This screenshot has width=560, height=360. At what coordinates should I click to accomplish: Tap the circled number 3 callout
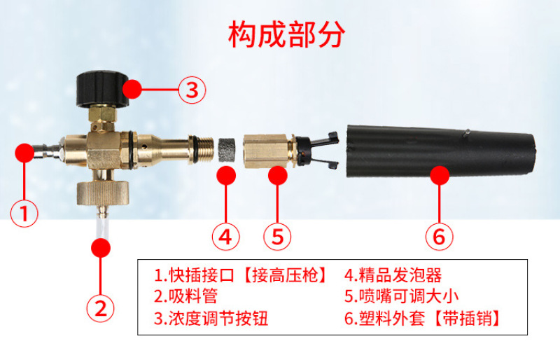pyautogui.click(x=192, y=90)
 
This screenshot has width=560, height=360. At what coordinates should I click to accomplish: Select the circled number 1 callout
pyautogui.click(x=24, y=214)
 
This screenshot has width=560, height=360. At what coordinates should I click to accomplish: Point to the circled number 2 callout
pyautogui.click(x=101, y=308)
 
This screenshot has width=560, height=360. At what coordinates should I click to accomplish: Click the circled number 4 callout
pyautogui.click(x=225, y=236)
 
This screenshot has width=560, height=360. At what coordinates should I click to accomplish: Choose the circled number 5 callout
pyautogui.click(x=277, y=236)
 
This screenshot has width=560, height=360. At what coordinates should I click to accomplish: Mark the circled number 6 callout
pyautogui.click(x=440, y=236)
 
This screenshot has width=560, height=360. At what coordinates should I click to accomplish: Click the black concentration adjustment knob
pyautogui.click(x=103, y=89)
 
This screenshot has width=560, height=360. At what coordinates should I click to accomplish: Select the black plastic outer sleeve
pyautogui.click(x=442, y=151)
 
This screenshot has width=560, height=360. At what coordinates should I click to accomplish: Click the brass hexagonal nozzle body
pyautogui.click(x=267, y=151)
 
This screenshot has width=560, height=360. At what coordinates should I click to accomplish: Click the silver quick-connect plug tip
pyautogui.click(x=45, y=151)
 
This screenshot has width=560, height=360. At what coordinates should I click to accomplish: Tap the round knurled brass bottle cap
pyautogui.click(x=103, y=193)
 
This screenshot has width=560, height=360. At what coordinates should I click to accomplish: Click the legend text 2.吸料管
pyautogui.click(x=185, y=296)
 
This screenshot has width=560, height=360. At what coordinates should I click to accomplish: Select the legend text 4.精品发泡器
pyautogui.click(x=393, y=275)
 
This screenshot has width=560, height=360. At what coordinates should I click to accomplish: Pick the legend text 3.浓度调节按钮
pyautogui.click(x=211, y=318)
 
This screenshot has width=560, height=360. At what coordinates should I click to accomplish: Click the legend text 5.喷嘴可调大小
pyautogui.click(x=401, y=296)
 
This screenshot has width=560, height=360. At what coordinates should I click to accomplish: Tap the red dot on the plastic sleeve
pyautogui.click(x=440, y=175)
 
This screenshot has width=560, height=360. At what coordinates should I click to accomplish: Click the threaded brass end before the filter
pyautogui.click(x=201, y=150)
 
